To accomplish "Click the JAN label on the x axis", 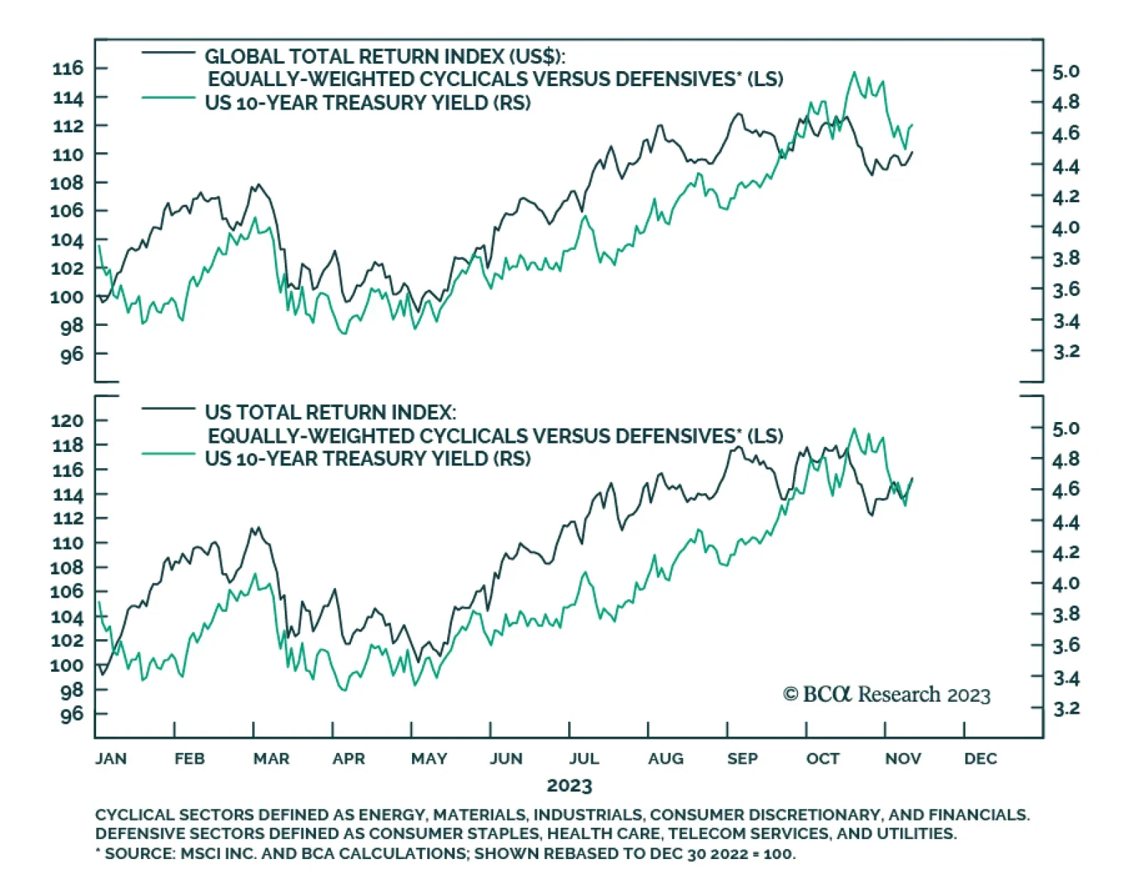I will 111,759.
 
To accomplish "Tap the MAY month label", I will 429,759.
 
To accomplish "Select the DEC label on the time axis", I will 980,759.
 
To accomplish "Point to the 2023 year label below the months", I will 569,786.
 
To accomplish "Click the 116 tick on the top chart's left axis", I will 68,69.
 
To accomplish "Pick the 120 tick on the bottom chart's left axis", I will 68,421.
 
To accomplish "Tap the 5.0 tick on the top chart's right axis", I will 1066,72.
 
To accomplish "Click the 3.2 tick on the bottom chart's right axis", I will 1066,709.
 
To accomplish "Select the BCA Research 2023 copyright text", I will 886,695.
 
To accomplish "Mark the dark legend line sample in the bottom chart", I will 168,409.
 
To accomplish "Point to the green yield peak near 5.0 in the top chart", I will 854,73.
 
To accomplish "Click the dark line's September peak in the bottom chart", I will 739,447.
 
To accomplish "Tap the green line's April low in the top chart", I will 345,333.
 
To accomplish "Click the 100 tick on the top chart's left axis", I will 68,297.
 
